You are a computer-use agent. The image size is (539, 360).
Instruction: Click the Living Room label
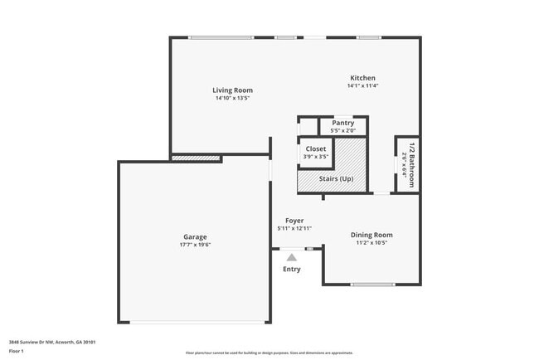[232, 90]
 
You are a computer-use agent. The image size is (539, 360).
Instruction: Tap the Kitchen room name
[362, 77]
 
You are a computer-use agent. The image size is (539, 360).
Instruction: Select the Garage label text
[195, 236]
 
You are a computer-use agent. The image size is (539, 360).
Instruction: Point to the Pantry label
[342, 123]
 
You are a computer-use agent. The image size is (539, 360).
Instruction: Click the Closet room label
[316, 148]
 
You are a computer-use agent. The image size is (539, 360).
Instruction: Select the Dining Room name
[371, 235]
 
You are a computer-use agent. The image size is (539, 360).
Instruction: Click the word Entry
[292, 269]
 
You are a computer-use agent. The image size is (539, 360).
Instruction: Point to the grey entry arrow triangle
[292, 258]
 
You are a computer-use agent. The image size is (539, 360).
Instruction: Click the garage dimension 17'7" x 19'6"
[195, 245]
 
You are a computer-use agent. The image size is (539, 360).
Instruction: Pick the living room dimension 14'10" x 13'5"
[232, 98]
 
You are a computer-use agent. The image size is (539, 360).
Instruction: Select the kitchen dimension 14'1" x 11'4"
[362, 85]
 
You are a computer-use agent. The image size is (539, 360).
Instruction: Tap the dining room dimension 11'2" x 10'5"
[371, 243]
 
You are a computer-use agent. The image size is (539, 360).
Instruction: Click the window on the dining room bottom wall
[372, 285]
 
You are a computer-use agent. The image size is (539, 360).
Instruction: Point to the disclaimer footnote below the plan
[269, 353]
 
